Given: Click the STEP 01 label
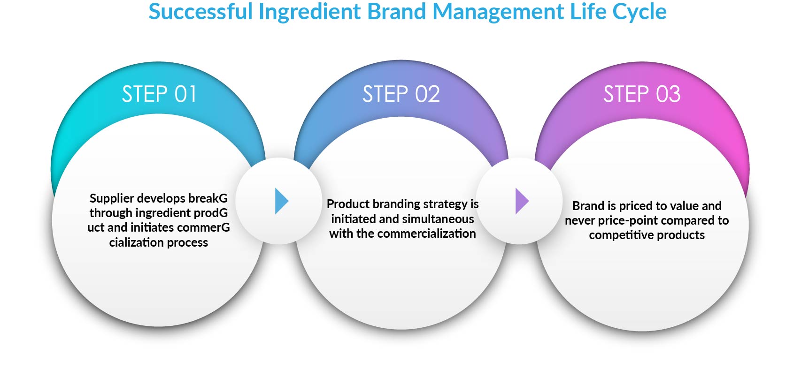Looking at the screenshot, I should pos(159,94).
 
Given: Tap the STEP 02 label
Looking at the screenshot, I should pos(401,94).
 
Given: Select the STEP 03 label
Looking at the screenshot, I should pos(642,94).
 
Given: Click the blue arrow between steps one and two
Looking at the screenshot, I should pos(281,201).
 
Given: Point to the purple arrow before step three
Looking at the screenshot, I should pos(521,201).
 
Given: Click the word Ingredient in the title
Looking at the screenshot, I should pos(309,12).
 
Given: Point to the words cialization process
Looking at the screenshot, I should pos(159,242).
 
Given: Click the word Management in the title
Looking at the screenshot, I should pos(498,12).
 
